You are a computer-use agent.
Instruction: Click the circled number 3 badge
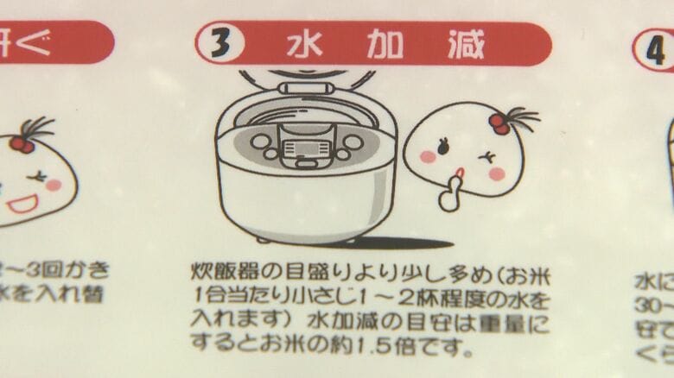tap(220, 43)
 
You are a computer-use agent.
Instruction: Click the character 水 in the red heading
tap(302, 43)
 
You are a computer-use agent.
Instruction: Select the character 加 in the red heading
tap(384, 44)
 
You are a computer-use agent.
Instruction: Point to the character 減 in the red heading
tap(466, 44)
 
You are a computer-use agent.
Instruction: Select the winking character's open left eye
tap(444, 148)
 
